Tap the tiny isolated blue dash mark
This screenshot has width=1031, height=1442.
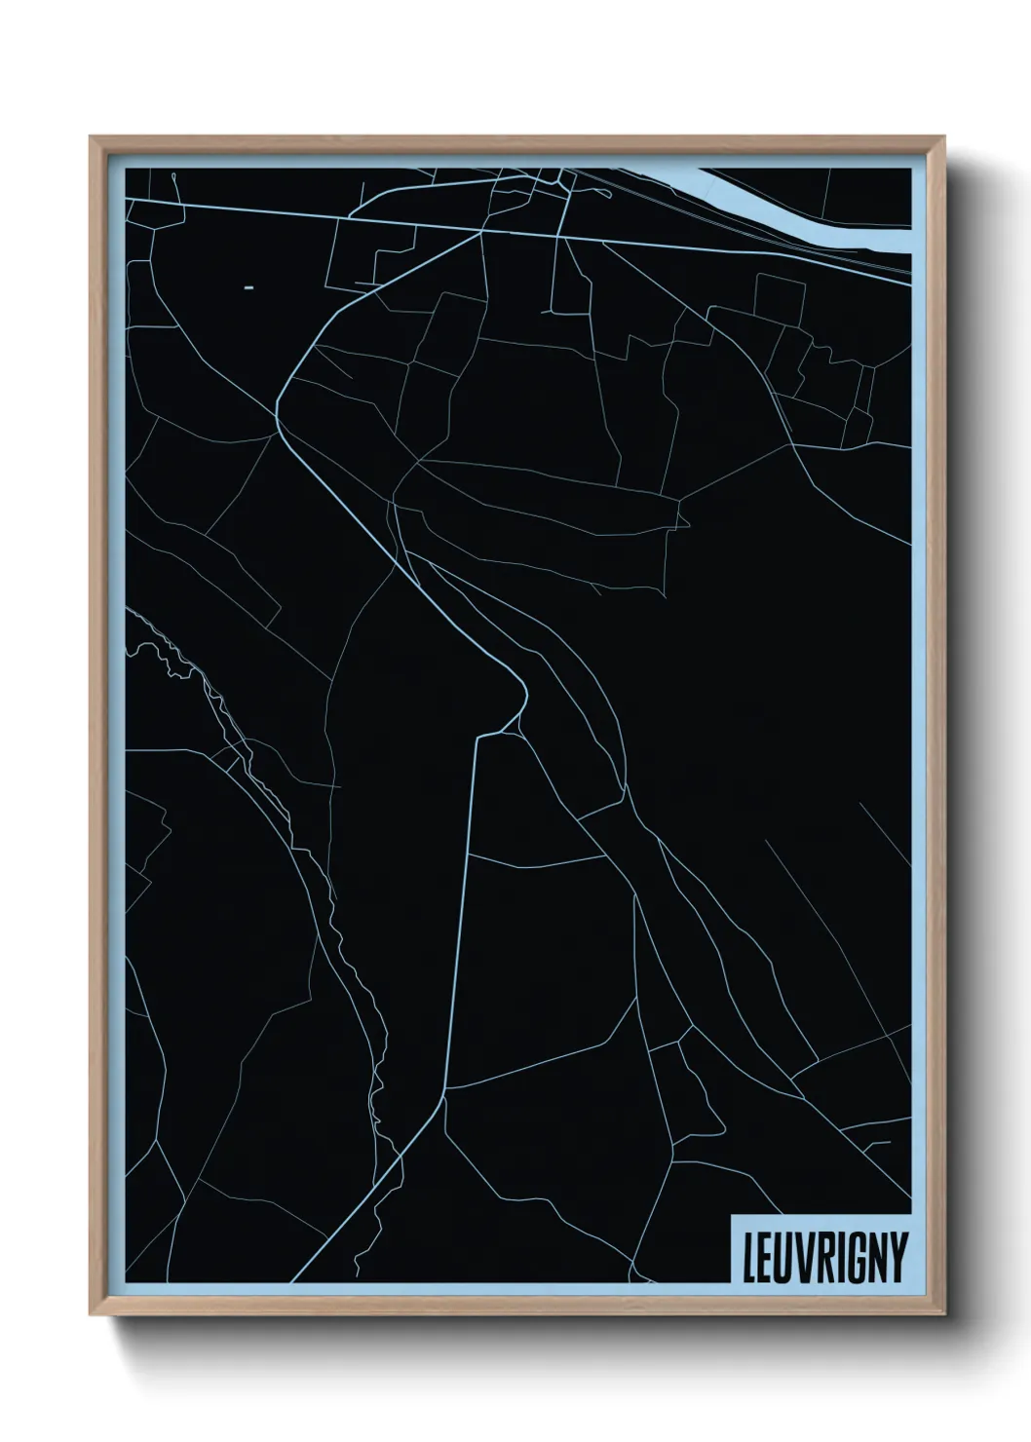(248, 288)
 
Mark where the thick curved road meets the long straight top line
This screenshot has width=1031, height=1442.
(482, 233)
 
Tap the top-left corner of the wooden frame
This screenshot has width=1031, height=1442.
(92, 137)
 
